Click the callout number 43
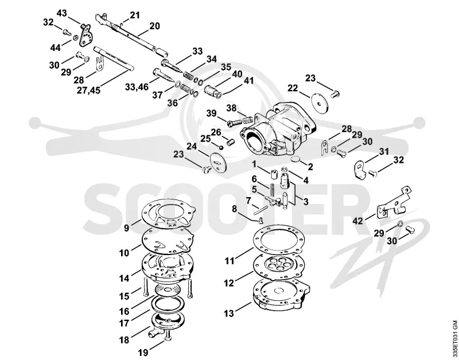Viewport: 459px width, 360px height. [x=62, y=13]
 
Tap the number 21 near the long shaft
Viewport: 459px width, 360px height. [x=135, y=15]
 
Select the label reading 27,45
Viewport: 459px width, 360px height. [x=88, y=90]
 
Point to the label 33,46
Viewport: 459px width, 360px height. [x=137, y=87]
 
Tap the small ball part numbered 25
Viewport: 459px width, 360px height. [x=221, y=147]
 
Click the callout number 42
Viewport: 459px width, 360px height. [x=357, y=221]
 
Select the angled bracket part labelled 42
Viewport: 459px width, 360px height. [x=394, y=202]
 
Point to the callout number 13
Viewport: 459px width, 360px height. [x=229, y=313]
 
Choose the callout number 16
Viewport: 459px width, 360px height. [x=125, y=311]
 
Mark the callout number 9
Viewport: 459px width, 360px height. [x=126, y=228]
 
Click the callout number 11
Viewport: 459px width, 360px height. [x=229, y=261]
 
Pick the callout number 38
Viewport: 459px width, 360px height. [x=231, y=108]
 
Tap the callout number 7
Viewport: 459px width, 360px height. [x=248, y=201]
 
